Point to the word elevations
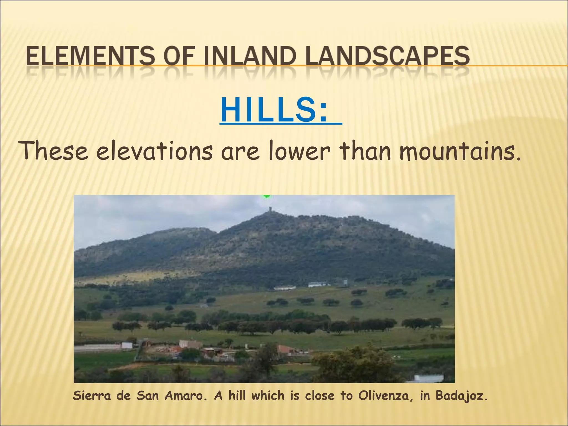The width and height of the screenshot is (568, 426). pos(154,151)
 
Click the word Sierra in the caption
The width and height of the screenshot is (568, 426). pos(91,395)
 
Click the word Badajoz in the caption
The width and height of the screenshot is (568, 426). pos(460,395)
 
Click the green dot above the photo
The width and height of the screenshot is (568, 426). pos(267,196)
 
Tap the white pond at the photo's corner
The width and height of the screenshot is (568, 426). pos(428,378)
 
